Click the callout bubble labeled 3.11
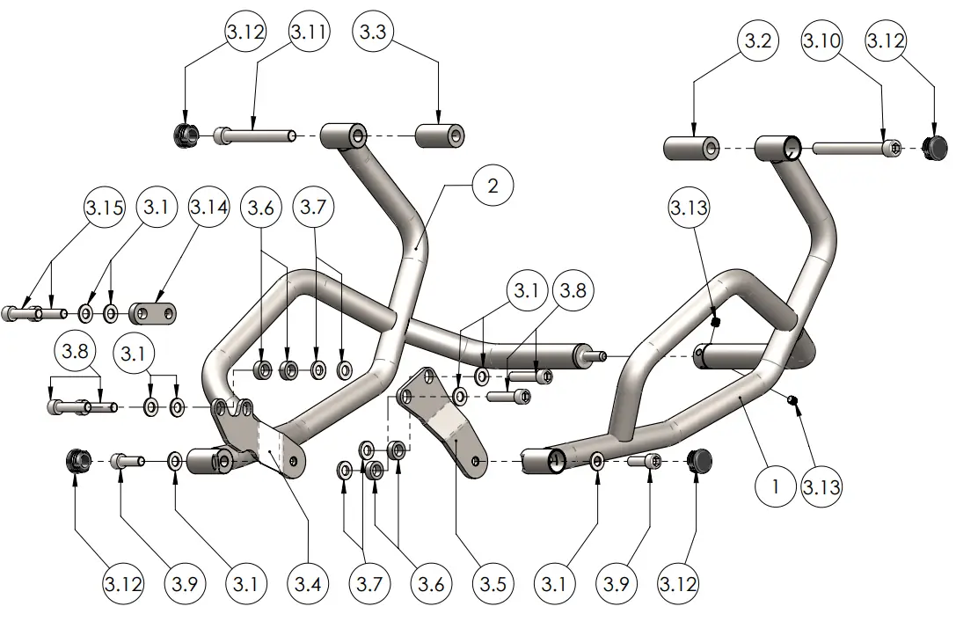pos(309,33)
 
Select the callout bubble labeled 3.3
pos(373,33)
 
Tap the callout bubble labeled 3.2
pos(757,41)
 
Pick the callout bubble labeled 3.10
pos(821,41)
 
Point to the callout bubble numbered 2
pos(493,186)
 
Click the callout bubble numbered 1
pos(775,486)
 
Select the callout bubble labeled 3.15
pos(105,208)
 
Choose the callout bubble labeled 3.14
pos(209,208)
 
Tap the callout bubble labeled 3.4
pos(309,583)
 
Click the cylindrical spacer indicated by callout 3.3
pos(439,136)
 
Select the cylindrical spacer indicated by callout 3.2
pos(692,147)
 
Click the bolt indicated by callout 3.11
pos(254,135)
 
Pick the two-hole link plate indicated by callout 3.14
pos(153,312)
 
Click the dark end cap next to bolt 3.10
pos(938,147)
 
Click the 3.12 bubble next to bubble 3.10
pos(886,41)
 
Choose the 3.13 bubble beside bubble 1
pos(821,486)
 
